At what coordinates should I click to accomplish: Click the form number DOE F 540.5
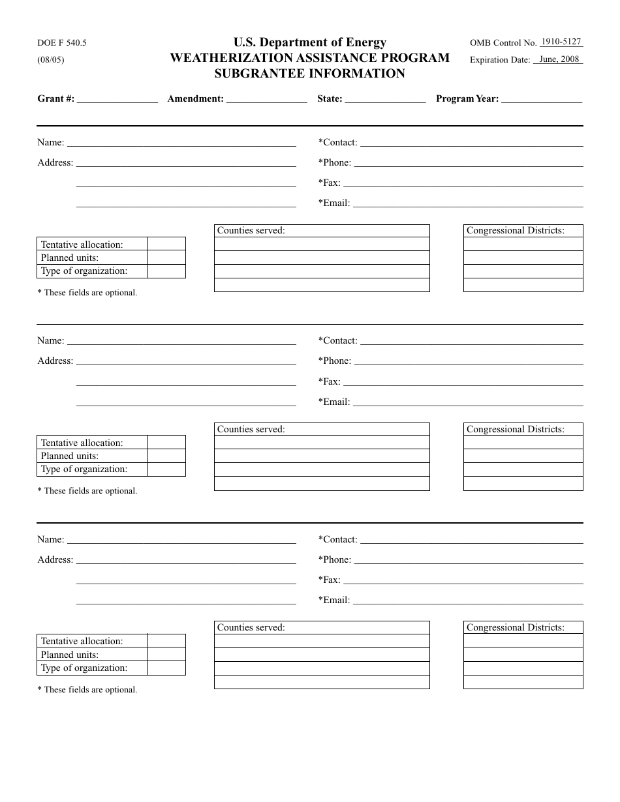tap(62, 43)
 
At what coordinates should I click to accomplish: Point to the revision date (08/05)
tap(51, 59)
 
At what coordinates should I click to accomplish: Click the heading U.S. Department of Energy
tap(309, 42)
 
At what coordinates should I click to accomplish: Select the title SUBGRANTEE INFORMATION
tap(309, 74)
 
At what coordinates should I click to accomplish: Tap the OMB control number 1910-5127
tap(561, 42)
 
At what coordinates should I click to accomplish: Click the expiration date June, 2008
tap(559, 59)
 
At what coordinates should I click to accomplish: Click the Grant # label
tap(55, 99)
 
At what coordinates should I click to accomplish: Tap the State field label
tap(330, 99)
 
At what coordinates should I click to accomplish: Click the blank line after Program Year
tap(542, 100)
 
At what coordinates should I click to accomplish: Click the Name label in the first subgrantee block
tap(50, 142)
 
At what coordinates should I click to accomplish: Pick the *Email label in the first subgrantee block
tap(333, 203)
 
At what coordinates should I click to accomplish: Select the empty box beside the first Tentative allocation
tap(166, 245)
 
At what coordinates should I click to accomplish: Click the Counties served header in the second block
tap(251, 429)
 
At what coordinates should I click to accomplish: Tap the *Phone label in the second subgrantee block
tap(334, 361)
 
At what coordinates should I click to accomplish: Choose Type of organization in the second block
tap(84, 469)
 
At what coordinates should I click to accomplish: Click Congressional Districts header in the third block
tap(515, 627)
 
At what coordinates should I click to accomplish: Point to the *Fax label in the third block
tap(329, 580)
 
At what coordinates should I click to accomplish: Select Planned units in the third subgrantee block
tap(70, 655)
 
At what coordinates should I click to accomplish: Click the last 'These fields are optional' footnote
tap(87, 689)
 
